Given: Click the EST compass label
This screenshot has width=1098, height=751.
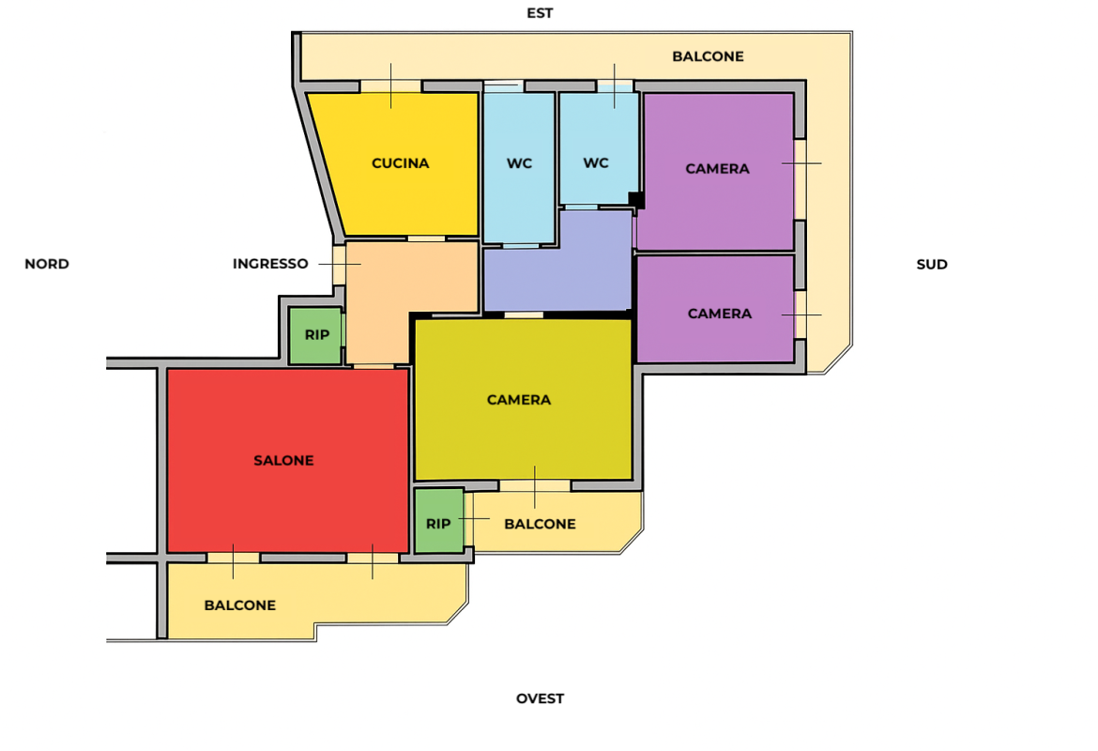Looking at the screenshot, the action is [x=540, y=13].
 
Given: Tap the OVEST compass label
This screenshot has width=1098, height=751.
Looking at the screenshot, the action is [x=540, y=698].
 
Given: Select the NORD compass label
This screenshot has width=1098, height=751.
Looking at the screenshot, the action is [x=47, y=264].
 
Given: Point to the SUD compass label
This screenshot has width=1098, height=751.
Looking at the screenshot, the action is [x=931, y=264].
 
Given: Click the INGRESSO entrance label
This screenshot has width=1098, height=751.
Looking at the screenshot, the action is [x=270, y=264].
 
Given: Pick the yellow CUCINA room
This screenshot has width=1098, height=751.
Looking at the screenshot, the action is [x=396, y=164].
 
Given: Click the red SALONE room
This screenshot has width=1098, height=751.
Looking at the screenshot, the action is [x=288, y=460].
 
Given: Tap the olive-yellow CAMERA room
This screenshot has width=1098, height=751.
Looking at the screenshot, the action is [x=523, y=399].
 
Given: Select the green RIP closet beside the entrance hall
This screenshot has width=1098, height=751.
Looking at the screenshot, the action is [x=315, y=335].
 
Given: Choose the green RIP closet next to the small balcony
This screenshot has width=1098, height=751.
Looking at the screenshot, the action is [x=439, y=520].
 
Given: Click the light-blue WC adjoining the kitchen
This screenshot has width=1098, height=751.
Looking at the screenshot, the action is [x=519, y=168].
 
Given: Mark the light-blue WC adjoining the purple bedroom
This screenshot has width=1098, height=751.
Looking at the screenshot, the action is [x=599, y=148].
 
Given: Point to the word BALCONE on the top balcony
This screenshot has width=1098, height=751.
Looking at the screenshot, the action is [x=708, y=56].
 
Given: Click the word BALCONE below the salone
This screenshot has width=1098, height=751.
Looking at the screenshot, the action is [x=239, y=605].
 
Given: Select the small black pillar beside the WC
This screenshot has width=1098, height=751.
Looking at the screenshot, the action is [x=636, y=200].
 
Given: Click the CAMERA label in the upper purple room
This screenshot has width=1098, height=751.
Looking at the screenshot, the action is [x=717, y=169].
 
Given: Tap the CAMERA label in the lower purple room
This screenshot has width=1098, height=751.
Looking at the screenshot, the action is [x=719, y=314].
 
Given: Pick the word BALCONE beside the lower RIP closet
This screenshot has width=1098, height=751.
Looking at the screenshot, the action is [x=540, y=524].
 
